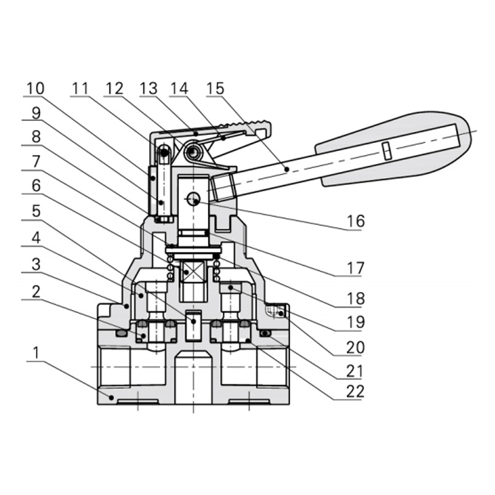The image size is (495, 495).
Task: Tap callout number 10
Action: pos(35,88)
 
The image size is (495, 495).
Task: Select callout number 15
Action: pos(215,88)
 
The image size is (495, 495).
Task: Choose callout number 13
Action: pos(148,88)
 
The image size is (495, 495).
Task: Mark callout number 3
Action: pos(35,264)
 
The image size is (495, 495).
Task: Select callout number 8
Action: pos(35,137)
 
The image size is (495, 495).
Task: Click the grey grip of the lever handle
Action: pos(396,148)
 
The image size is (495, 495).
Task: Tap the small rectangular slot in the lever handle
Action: pos(387,150)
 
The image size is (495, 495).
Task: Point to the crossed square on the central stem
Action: pos(193,271)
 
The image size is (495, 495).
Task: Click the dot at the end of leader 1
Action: pos(111,397)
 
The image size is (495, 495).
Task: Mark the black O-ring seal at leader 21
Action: pos(265,334)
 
